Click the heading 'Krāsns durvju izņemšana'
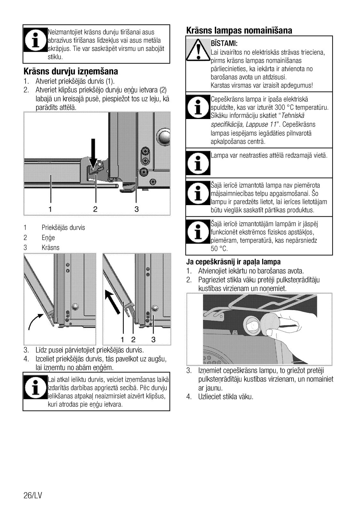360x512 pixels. (71, 71)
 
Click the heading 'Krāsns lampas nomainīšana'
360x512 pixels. (239, 30)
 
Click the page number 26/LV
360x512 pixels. (33, 495)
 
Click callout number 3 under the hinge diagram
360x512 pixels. (137, 209)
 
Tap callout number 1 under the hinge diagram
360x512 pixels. (50, 209)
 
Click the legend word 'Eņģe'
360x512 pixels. (48, 237)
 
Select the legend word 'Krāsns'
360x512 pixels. (51, 247)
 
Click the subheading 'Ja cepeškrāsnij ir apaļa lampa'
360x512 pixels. (233, 262)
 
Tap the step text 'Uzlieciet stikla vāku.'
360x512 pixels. (226, 397)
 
